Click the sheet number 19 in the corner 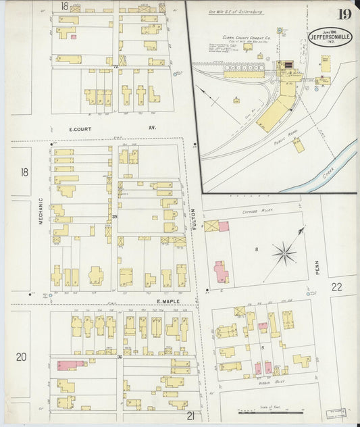tap(344, 14)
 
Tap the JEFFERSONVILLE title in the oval tap(331, 37)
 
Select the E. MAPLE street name tap(168, 301)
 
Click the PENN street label tap(317, 268)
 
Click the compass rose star tap(284, 254)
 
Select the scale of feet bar tap(268, 412)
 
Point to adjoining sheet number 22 tap(336, 286)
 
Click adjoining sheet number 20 tap(21, 356)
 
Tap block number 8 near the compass tap(257, 250)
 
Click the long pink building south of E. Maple tap(72, 365)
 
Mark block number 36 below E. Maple tap(119, 357)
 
